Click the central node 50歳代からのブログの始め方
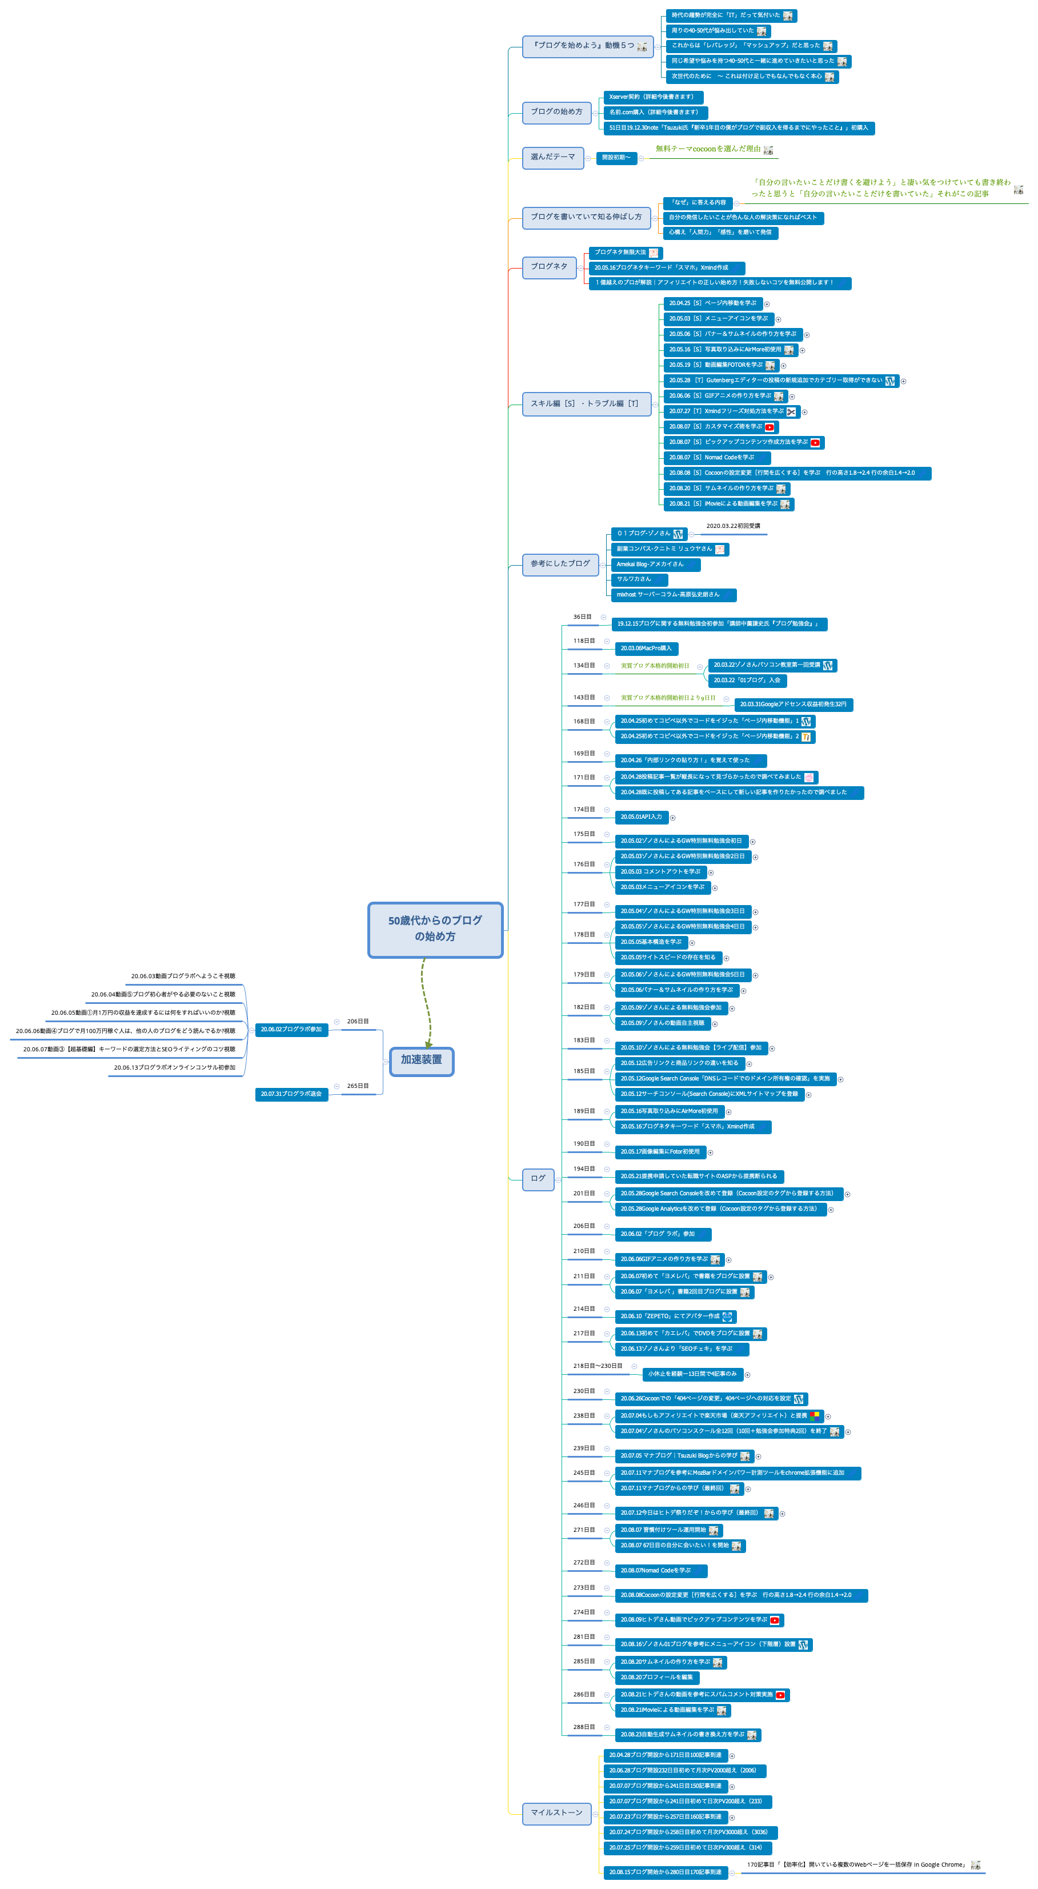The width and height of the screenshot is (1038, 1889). [435, 929]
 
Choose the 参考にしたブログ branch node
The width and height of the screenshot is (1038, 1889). [560, 564]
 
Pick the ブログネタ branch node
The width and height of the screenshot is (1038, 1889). [548, 267]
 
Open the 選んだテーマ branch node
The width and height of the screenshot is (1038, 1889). [553, 157]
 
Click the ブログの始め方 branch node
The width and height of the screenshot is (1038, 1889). [556, 112]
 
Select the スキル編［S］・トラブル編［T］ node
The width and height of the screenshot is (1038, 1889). [586, 404]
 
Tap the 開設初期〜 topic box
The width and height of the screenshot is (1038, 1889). [616, 158]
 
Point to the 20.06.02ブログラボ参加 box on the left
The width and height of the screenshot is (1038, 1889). [291, 1030]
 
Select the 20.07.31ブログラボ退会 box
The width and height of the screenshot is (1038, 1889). [291, 1094]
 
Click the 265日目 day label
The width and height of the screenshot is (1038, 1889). [358, 1086]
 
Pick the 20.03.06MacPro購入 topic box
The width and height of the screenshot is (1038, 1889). [646, 649]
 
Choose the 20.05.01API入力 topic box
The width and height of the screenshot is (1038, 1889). [641, 817]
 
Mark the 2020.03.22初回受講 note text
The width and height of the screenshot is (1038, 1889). [733, 526]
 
